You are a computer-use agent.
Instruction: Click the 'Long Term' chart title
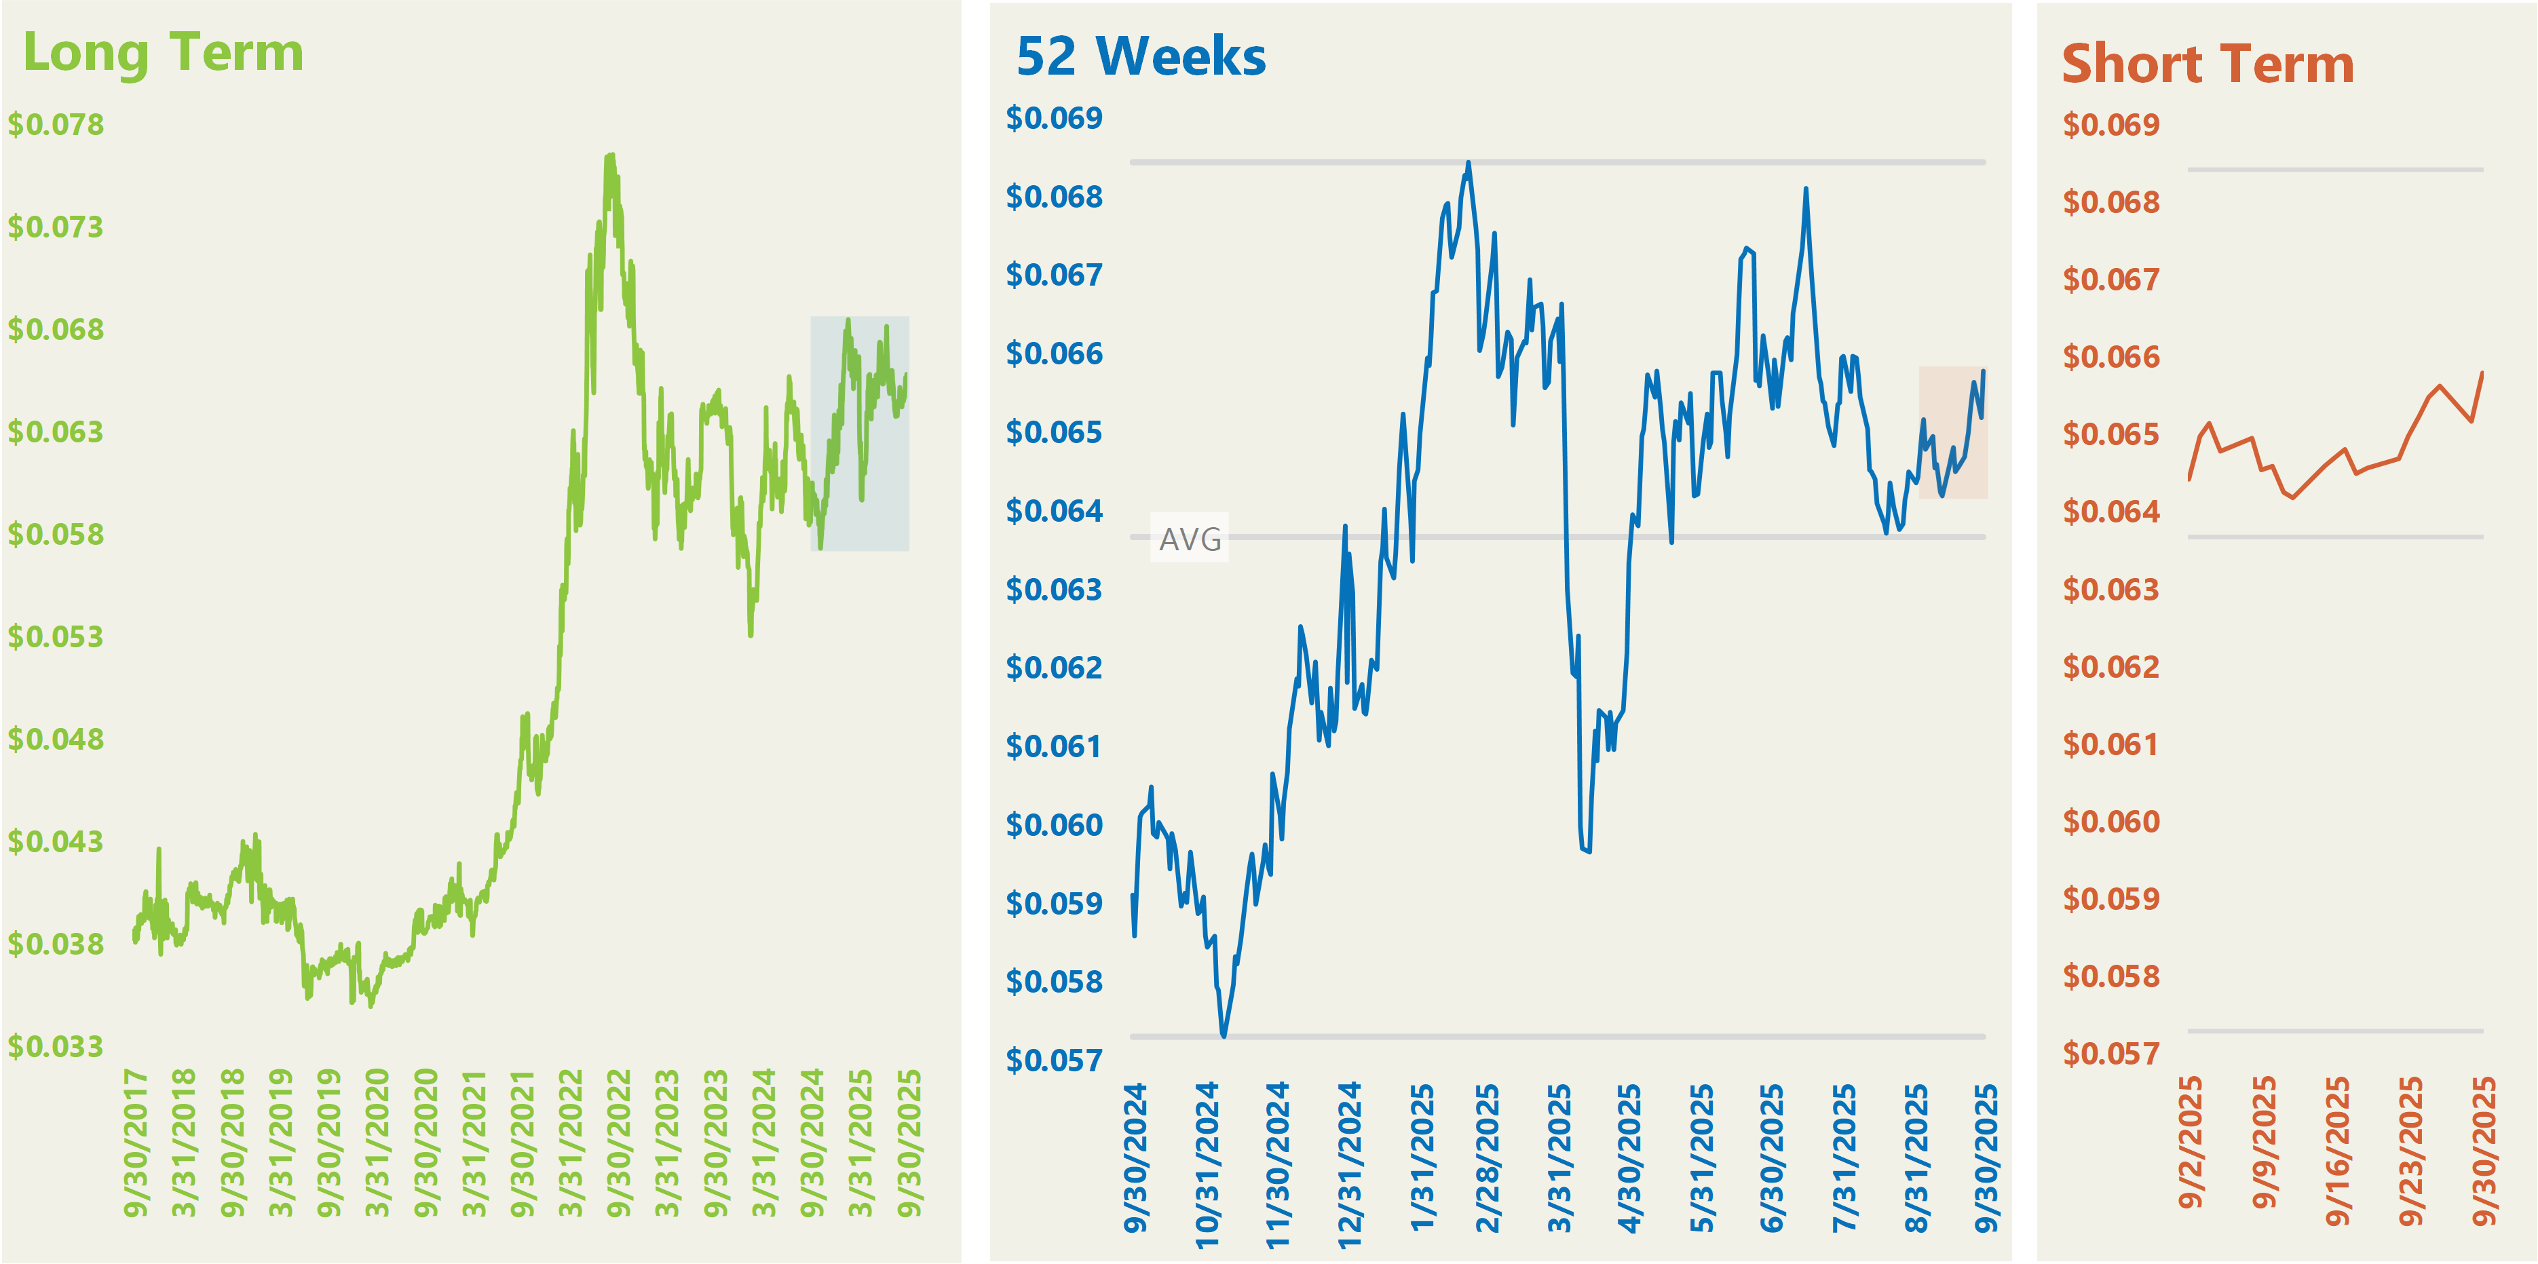(163, 52)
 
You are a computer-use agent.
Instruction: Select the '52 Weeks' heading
(1141, 56)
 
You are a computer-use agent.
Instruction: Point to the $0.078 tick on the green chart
(56, 125)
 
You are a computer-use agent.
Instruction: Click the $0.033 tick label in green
(56, 1046)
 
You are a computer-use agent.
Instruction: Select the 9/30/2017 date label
(136, 1143)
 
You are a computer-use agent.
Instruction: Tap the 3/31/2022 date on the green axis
(571, 1143)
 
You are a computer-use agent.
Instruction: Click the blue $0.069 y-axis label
(1054, 118)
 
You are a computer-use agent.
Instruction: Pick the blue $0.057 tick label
(1054, 1060)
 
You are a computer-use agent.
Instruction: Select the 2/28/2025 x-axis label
(1487, 1157)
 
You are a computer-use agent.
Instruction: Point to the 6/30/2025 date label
(1771, 1157)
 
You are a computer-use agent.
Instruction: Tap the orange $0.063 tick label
(2110, 589)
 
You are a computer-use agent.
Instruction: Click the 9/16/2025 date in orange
(2337, 1151)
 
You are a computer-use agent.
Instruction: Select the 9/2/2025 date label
(2189, 1143)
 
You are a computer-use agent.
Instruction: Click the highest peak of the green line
(611, 155)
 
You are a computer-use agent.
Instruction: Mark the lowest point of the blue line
(1224, 1035)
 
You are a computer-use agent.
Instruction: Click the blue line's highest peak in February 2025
(1468, 163)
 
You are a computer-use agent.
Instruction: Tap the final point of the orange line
(2482, 373)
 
